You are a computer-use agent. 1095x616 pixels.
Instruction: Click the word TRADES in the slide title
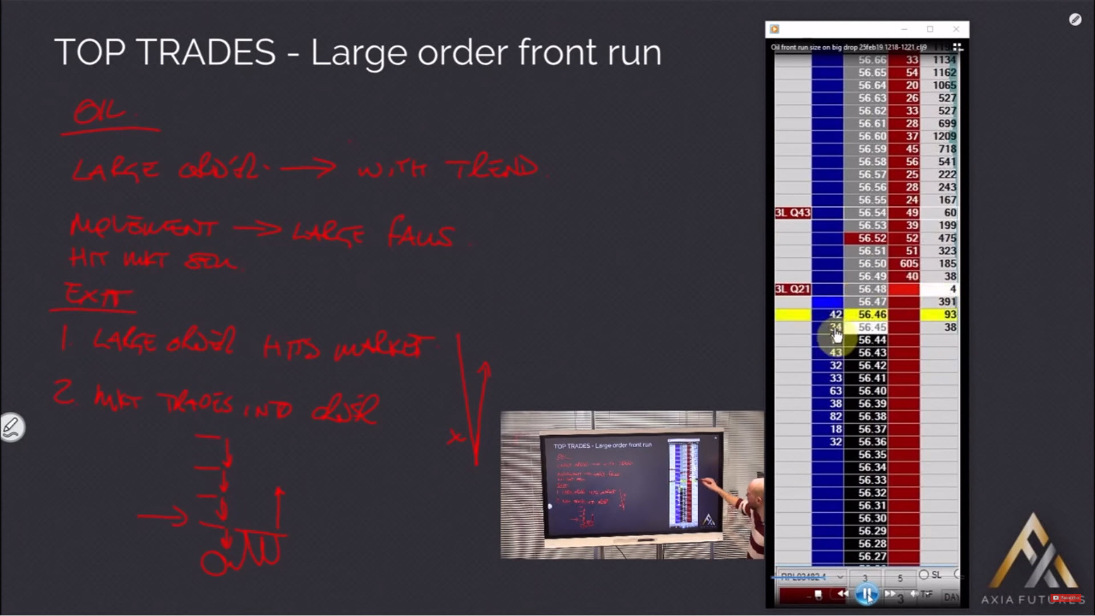coord(205,52)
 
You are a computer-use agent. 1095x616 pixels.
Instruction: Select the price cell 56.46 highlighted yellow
coord(871,315)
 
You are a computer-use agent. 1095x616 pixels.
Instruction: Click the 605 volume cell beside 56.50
coord(908,264)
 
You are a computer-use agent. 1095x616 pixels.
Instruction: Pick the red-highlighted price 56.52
coord(871,238)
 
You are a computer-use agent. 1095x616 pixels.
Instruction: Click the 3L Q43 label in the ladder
coord(792,213)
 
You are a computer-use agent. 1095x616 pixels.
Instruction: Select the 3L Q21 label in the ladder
coord(792,289)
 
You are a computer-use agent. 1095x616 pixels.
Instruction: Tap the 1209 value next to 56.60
coord(944,136)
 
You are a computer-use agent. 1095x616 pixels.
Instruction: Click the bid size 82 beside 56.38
coord(836,416)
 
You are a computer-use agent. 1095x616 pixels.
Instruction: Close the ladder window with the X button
coord(956,29)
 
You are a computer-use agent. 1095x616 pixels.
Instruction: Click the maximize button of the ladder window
coord(930,29)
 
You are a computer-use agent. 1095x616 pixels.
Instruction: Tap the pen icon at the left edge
coord(11,427)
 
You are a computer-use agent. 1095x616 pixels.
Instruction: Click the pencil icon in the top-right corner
coord(1075,20)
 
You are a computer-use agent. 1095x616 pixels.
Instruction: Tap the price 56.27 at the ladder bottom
coord(871,557)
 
